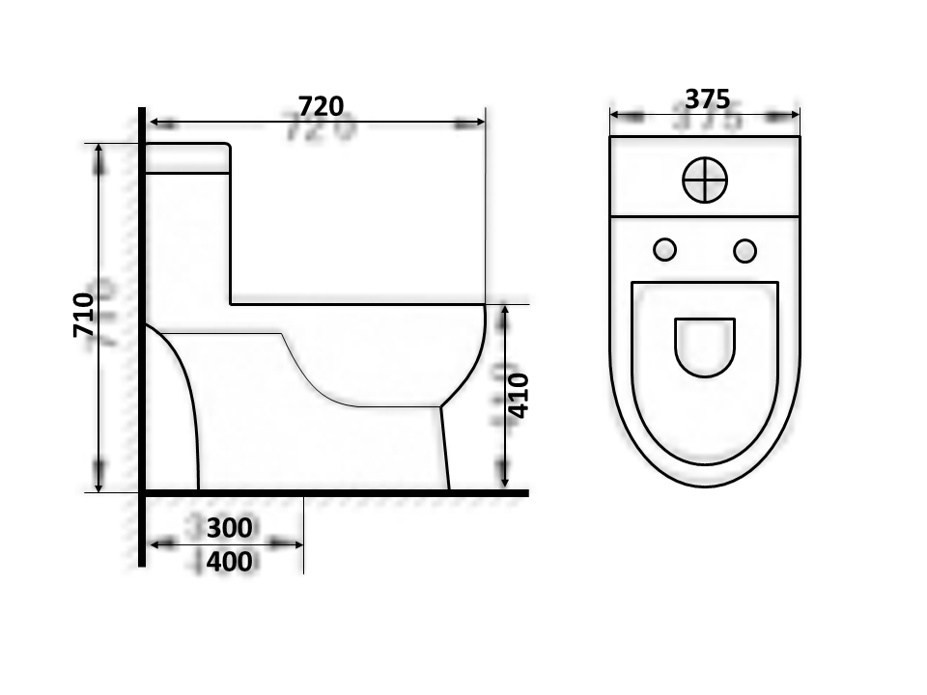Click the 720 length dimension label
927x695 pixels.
(x=321, y=106)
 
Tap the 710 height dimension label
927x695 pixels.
(x=83, y=315)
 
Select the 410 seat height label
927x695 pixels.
(x=518, y=396)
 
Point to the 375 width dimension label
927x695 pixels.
(x=707, y=98)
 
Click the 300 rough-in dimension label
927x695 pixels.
(x=230, y=528)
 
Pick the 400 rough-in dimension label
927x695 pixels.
(x=230, y=562)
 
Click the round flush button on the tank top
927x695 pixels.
(x=705, y=180)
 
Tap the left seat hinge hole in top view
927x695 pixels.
(x=665, y=250)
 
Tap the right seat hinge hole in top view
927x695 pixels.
(x=744, y=251)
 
